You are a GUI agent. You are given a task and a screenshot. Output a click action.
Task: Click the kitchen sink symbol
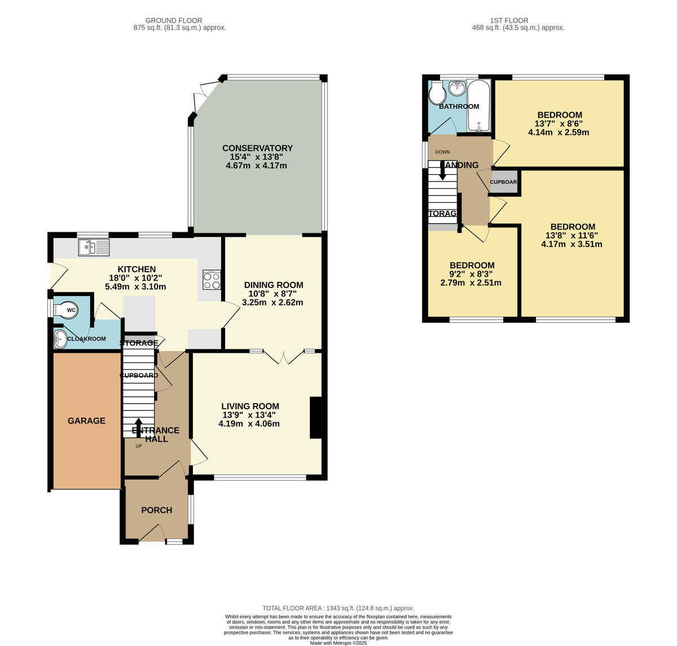coord(94,246)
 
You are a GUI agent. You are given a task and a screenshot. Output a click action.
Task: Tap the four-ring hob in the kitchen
coord(212,280)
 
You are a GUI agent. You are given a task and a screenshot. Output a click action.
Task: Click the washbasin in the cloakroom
coord(60,339)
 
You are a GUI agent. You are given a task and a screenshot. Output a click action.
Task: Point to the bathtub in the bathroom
coord(479,105)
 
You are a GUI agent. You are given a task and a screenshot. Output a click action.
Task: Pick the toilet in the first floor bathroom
coord(436,94)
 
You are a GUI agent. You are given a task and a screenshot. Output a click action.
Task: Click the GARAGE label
coord(86,421)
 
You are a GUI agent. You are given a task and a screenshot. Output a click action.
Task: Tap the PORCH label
coord(156,510)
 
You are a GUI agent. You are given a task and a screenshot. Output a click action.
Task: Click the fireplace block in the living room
coord(316,418)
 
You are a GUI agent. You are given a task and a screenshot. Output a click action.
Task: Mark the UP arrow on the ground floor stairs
coord(138,427)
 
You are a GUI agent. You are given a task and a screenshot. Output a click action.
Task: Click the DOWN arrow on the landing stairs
coord(443,171)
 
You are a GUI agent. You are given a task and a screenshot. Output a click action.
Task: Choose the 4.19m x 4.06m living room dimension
coord(249,424)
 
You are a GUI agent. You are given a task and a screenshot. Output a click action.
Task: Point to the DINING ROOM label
coord(274,285)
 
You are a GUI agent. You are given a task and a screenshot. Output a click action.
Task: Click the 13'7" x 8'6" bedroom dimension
coord(559,124)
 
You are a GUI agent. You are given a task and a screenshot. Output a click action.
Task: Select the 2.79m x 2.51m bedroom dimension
coord(471,283)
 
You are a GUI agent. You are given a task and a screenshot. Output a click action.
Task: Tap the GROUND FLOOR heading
coord(174,20)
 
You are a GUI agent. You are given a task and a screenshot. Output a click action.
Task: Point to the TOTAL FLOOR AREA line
coord(338,608)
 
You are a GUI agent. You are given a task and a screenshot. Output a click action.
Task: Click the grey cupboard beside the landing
coord(503,183)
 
